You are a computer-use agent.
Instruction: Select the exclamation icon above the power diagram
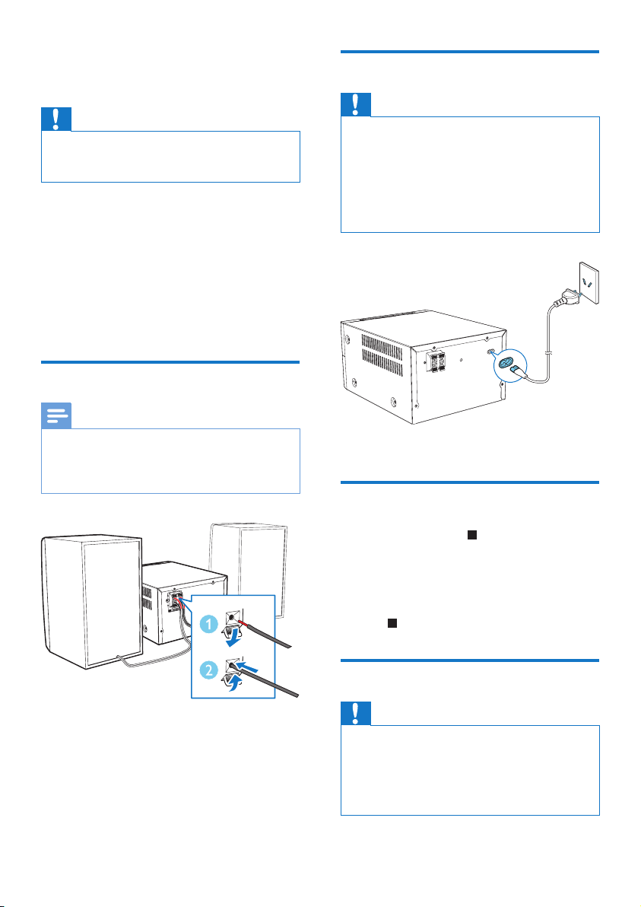[356, 104]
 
